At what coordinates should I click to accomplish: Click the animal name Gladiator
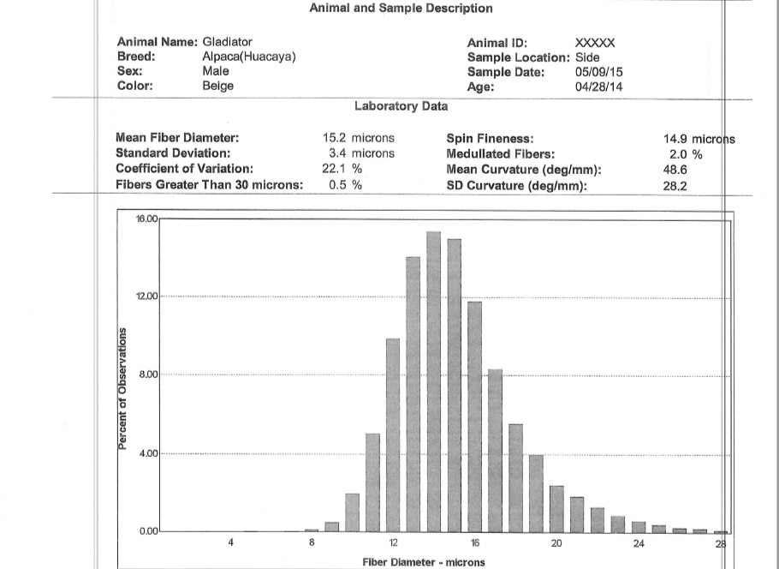click(x=227, y=42)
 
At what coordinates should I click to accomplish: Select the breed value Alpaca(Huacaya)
click(x=249, y=57)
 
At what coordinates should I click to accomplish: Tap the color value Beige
click(x=217, y=86)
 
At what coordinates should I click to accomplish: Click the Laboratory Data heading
click(x=400, y=106)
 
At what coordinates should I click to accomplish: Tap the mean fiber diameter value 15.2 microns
click(x=358, y=138)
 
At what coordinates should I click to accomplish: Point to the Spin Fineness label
click(x=490, y=138)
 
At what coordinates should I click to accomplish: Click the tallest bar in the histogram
click(x=433, y=381)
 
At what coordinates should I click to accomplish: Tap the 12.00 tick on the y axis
click(x=146, y=296)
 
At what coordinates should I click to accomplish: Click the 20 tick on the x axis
click(x=556, y=543)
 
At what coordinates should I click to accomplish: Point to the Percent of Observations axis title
click(x=122, y=388)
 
